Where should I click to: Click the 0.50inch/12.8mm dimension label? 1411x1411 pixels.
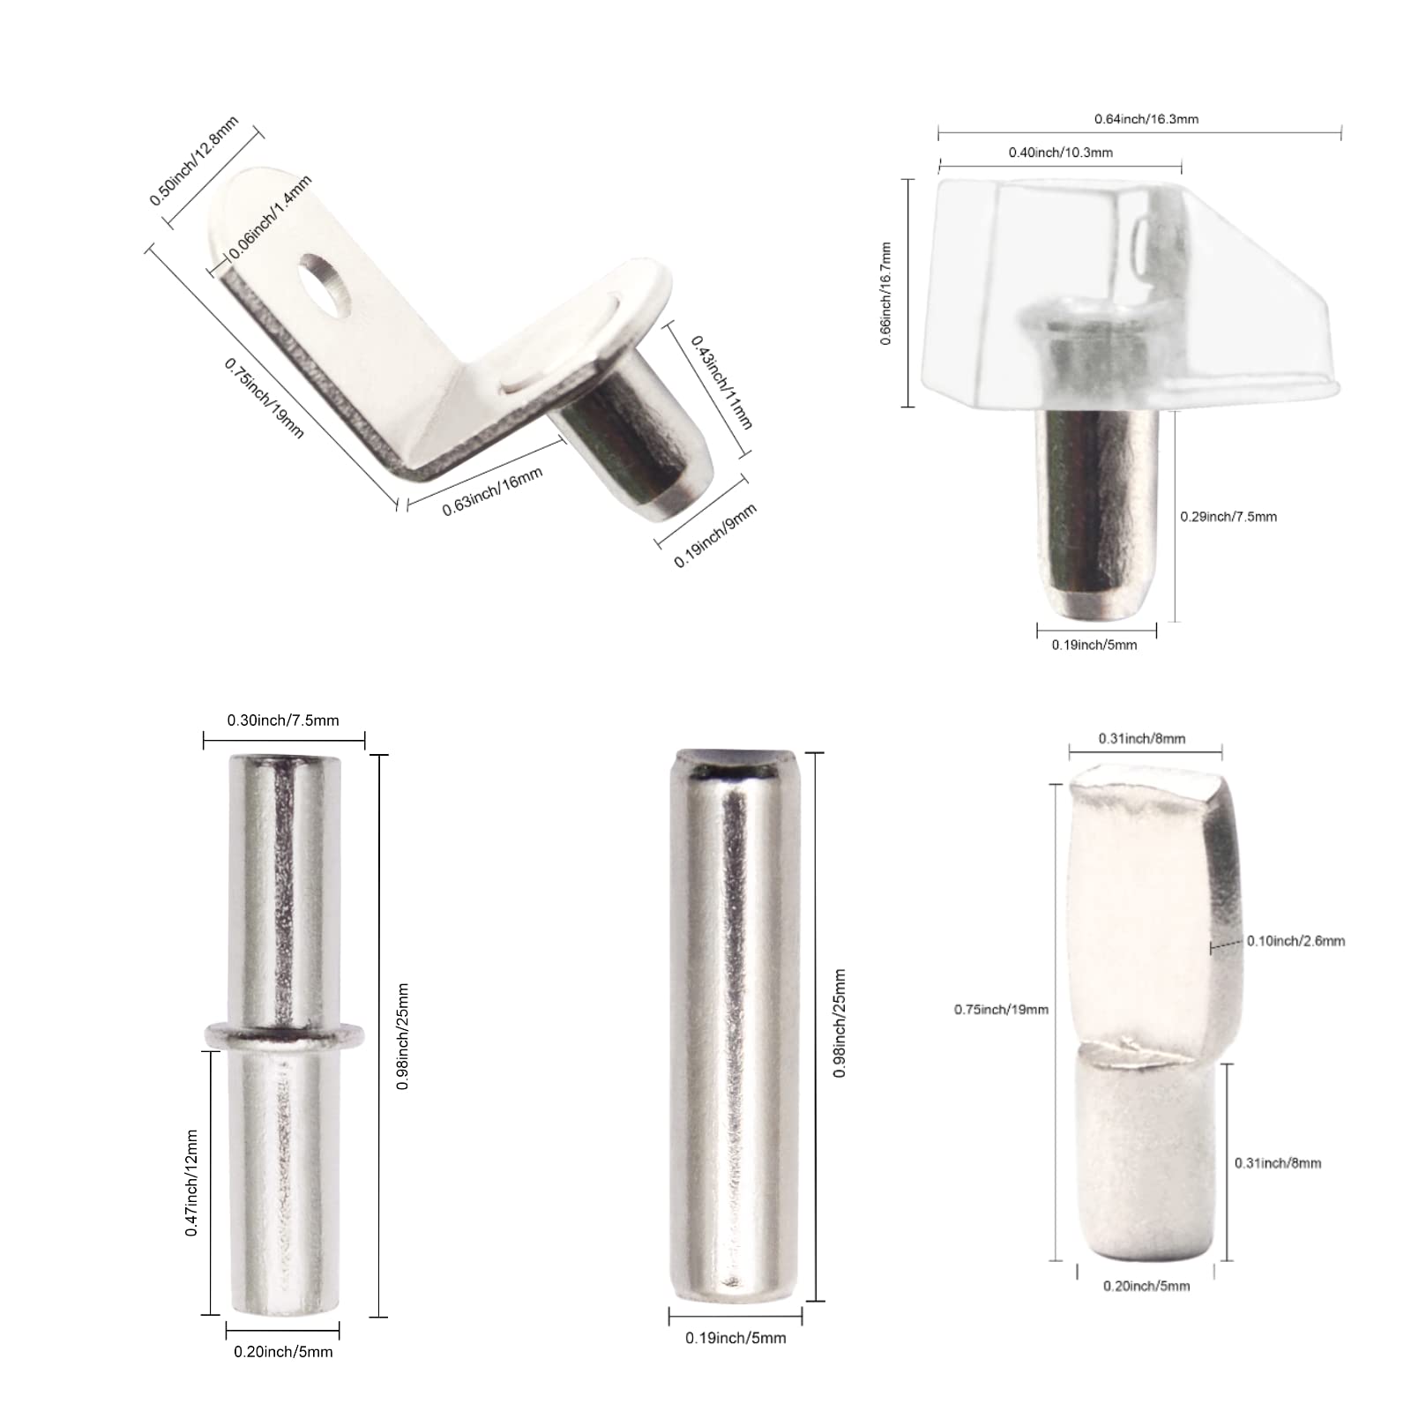point(194,161)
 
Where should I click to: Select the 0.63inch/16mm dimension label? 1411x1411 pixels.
point(492,491)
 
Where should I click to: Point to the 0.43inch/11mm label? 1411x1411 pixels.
point(721,382)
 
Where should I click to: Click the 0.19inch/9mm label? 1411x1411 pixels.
point(715,535)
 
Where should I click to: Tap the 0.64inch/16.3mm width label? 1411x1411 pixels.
point(1146,119)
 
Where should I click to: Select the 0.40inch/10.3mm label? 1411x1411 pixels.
point(1061,153)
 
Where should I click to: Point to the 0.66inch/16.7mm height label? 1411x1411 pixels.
point(886,294)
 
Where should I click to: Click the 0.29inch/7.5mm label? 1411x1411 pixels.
point(1228,517)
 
